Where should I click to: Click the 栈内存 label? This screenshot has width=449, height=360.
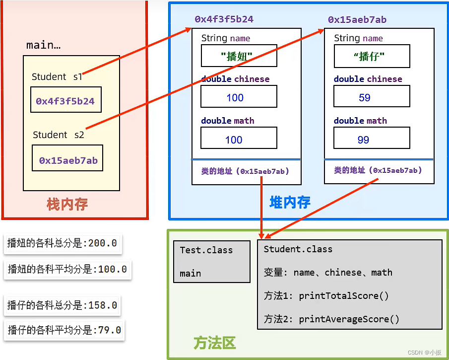click(67, 204)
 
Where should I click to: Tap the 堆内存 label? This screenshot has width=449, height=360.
click(290, 202)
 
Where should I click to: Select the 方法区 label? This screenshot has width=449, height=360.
click(214, 343)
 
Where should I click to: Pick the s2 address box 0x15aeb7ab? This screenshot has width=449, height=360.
click(68, 160)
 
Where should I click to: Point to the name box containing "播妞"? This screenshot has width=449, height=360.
click(239, 56)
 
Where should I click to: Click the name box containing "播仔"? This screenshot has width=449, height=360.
click(372, 56)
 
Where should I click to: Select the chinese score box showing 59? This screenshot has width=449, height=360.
click(372, 97)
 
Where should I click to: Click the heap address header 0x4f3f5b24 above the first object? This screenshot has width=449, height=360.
click(224, 19)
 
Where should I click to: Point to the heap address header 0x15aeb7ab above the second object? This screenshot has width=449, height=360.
click(357, 20)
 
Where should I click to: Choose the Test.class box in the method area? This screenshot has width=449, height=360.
click(211, 262)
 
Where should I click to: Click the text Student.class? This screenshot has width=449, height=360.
click(298, 249)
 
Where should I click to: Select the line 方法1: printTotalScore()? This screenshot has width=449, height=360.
click(326, 296)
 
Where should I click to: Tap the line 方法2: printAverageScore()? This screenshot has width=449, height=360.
click(331, 319)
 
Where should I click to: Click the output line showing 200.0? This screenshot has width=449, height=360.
click(63, 243)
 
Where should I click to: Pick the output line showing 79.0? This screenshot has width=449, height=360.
click(64, 329)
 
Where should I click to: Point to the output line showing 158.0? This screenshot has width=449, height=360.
click(63, 305)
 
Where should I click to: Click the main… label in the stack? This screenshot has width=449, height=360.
click(43, 45)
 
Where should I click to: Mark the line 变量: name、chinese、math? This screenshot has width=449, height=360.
click(328, 273)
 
